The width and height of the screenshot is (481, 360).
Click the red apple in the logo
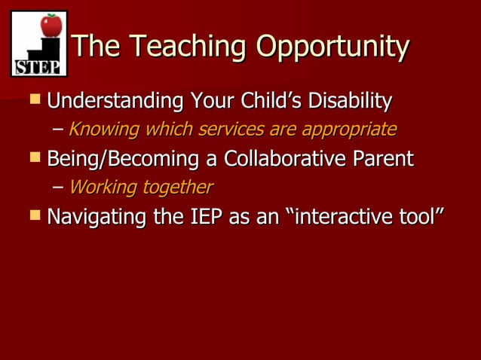51,26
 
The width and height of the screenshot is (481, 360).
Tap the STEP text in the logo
38,68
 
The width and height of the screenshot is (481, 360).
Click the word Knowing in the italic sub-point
103,130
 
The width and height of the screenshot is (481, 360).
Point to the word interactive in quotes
347,217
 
